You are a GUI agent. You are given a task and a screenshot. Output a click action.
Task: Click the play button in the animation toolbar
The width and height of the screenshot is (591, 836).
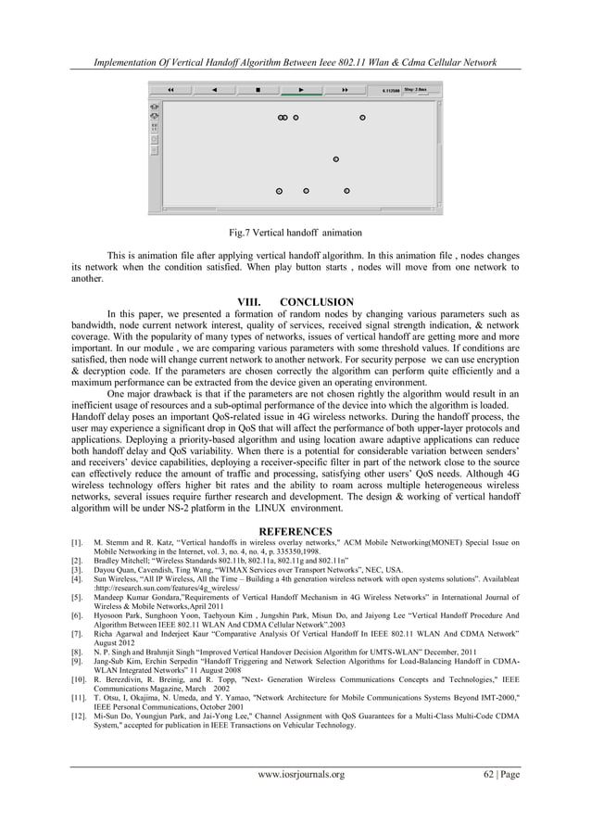coord(301,90)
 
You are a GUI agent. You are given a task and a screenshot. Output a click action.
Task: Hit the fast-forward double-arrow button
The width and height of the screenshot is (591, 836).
coord(345,90)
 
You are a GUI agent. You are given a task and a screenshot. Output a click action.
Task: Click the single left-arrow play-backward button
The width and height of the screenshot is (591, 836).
coord(216,90)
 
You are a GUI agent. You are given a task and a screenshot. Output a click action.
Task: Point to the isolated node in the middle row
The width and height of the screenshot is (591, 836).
coord(335,159)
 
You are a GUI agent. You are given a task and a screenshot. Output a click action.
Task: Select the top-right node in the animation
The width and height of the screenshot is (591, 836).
coord(362,118)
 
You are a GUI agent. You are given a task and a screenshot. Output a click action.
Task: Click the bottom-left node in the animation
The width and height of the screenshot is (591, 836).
coord(279,191)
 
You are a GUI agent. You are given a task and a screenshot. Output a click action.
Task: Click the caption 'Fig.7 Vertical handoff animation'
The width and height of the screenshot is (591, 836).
coord(295,232)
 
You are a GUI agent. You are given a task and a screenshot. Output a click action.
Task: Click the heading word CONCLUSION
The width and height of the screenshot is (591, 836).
coord(317,302)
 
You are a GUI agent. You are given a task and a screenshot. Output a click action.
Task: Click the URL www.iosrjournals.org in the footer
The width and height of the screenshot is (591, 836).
coord(295,799)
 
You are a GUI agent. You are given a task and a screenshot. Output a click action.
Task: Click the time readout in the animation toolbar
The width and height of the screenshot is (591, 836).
coord(392,91)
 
